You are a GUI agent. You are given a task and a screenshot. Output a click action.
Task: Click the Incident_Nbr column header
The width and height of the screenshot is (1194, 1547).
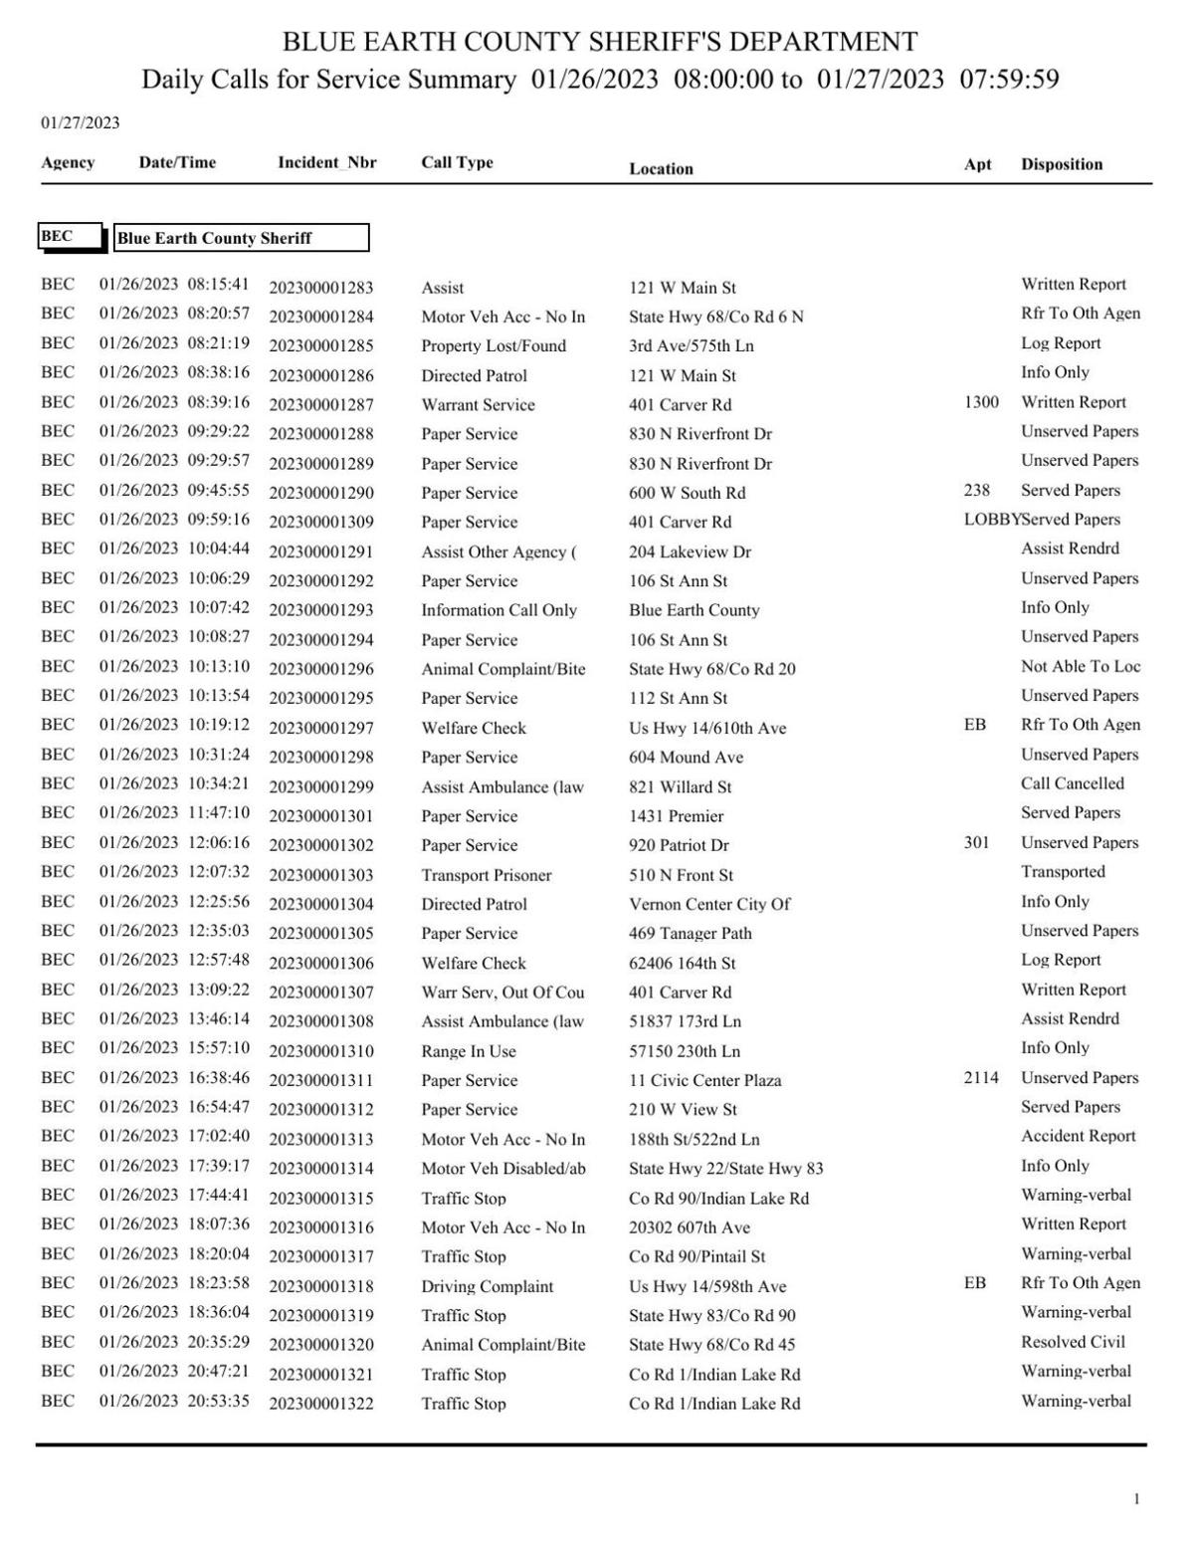(326, 162)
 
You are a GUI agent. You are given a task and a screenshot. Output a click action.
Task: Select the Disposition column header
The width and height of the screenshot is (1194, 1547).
(1061, 164)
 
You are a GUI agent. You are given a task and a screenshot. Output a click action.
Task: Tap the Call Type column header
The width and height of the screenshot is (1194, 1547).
(457, 162)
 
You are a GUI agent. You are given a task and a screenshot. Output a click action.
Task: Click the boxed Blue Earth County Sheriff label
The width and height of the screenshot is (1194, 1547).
(241, 238)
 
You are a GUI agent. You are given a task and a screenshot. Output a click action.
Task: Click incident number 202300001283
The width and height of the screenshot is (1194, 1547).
(320, 288)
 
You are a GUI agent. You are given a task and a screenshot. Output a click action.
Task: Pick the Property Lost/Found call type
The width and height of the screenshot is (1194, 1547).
(493, 345)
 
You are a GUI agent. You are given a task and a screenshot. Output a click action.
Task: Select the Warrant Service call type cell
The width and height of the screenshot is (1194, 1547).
(478, 405)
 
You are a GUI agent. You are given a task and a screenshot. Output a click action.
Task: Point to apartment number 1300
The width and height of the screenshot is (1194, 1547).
(981, 402)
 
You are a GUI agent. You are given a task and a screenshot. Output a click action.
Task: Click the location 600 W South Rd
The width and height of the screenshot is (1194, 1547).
(687, 493)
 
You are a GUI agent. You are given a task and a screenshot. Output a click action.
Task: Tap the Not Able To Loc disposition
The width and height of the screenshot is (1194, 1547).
(1080, 667)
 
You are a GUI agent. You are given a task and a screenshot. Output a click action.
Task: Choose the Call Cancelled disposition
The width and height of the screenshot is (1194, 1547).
(1072, 783)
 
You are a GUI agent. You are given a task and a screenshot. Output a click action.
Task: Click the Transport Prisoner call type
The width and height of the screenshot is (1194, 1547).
(486, 875)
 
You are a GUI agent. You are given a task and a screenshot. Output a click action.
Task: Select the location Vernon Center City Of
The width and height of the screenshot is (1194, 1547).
(708, 904)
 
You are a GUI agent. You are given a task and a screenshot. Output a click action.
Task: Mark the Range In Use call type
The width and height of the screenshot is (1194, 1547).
(468, 1051)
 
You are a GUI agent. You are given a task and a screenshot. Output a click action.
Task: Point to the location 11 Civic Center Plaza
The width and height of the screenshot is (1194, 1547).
(704, 1080)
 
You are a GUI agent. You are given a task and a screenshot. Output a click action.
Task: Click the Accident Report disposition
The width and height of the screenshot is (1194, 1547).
(1078, 1136)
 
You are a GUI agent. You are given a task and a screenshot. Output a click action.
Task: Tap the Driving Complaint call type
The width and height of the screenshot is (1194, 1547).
(487, 1286)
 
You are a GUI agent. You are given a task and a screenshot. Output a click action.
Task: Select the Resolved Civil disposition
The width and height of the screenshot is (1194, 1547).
(1073, 1342)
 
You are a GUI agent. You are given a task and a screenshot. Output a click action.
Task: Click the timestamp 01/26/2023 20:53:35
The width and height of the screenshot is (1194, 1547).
(174, 1401)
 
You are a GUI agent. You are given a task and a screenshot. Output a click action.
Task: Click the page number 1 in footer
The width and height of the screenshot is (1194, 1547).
(1136, 1499)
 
